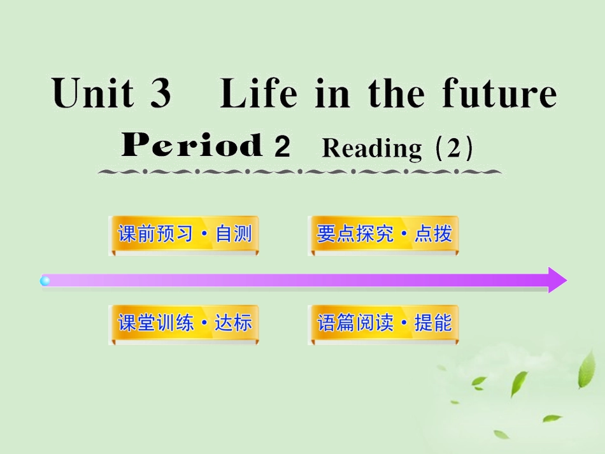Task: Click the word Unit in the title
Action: coord(93,94)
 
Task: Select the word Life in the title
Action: coord(259,94)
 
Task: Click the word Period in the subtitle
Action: coord(192,146)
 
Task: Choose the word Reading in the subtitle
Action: coord(372,148)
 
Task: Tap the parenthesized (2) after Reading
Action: coord(453,148)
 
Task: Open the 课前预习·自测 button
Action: coord(184,234)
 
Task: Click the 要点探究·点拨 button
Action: coord(383,234)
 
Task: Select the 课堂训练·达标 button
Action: coord(184,323)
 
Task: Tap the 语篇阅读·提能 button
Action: coord(383,323)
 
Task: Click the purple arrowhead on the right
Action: coord(556,280)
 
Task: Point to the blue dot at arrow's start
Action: coord(45,280)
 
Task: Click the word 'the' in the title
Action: coord(397,94)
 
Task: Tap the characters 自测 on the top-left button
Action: coord(234,234)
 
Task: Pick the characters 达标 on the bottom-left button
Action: coord(234,323)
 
